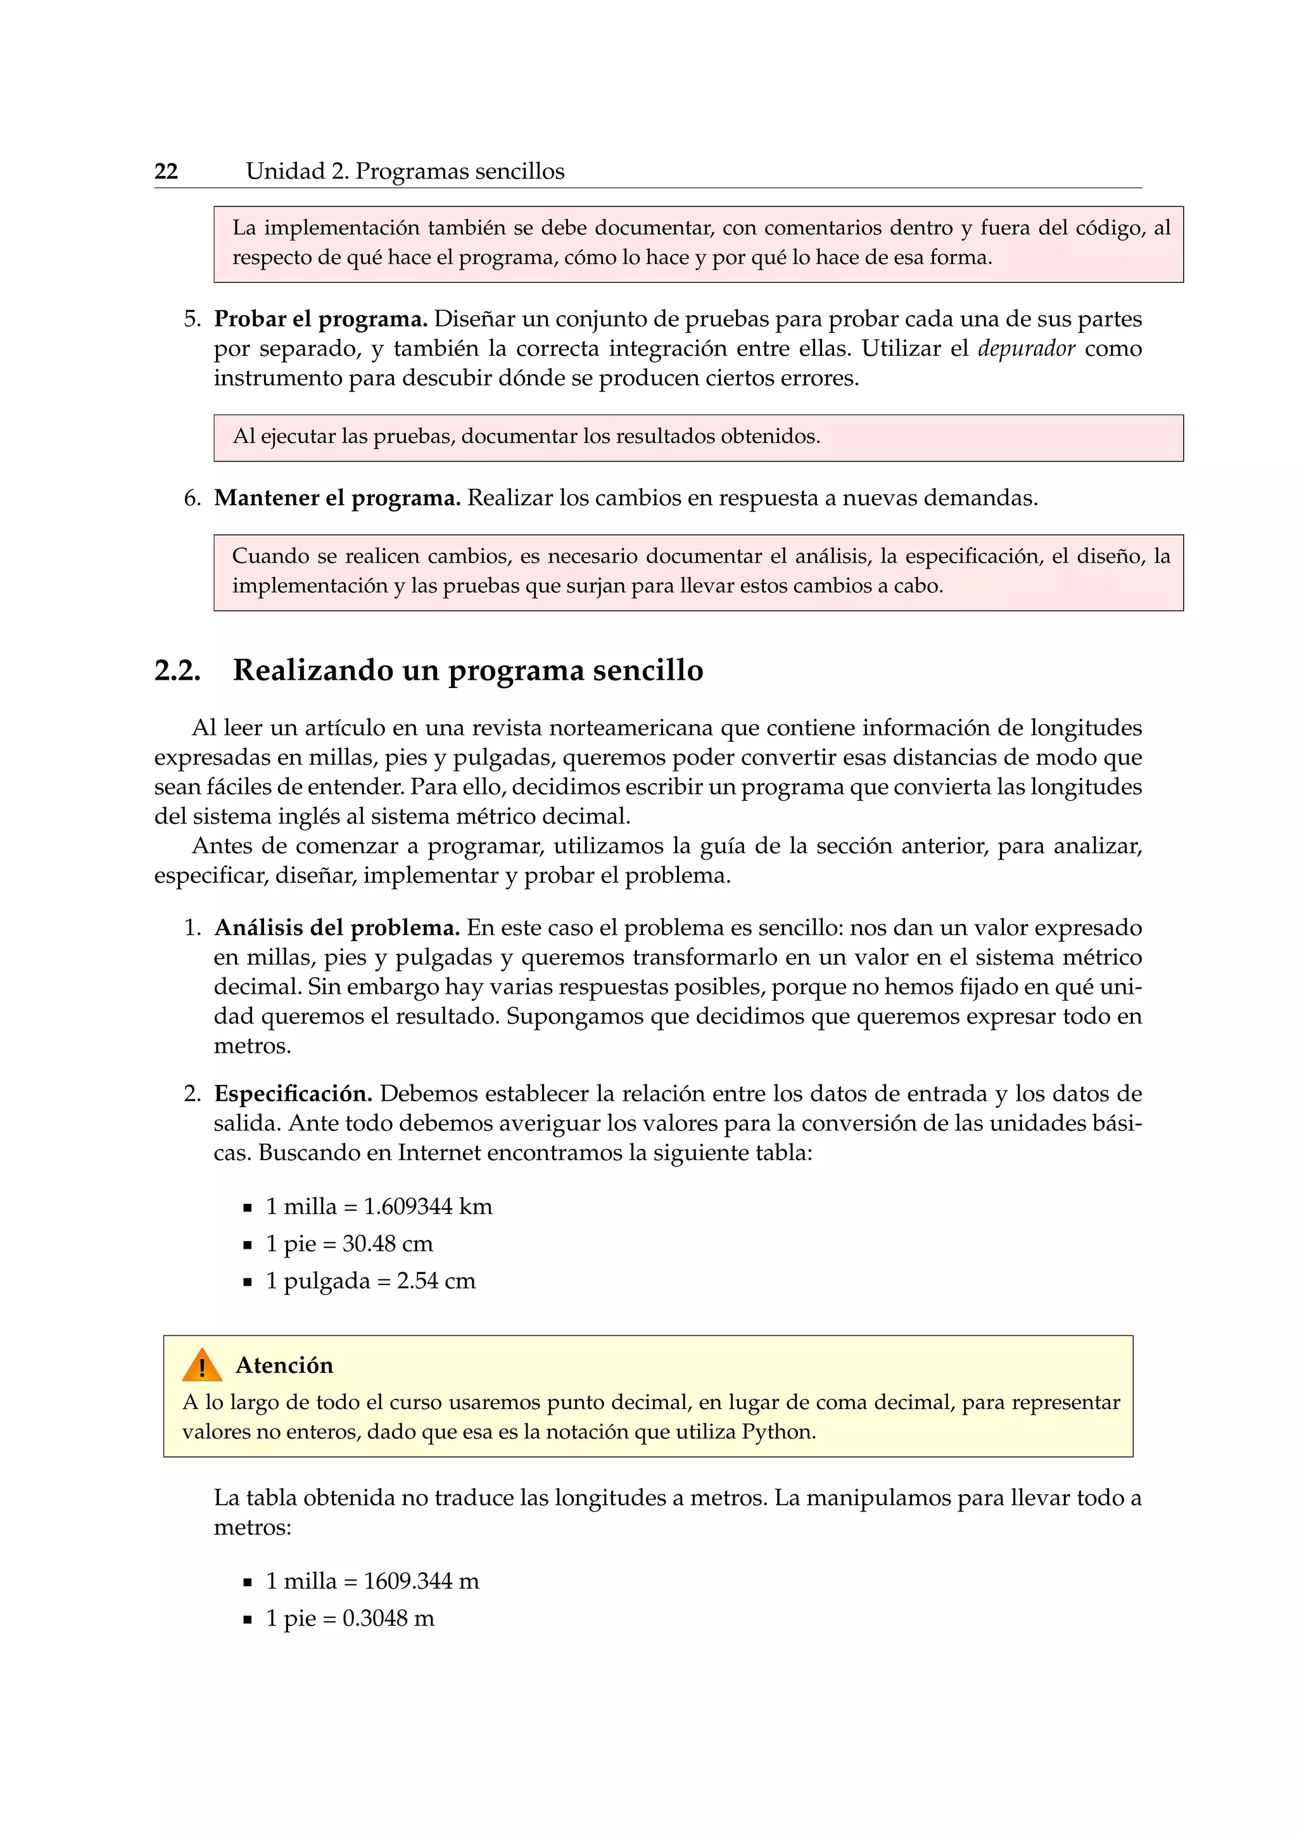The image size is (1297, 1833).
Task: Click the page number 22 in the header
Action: [x=166, y=171]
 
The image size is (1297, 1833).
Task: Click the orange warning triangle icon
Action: [x=202, y=1366]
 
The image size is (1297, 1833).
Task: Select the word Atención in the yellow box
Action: [x=284, y=1365]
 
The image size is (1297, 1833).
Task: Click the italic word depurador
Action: [x=1025, y=348]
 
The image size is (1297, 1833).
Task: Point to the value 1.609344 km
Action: [x=428, y=1206]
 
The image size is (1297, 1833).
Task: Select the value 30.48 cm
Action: [x=388, y=1244]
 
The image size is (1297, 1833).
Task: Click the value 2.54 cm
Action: [x=436, y=1281]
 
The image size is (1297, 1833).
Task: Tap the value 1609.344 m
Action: [x=422, y=1582]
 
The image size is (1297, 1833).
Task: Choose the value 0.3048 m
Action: [x=389, y=1619]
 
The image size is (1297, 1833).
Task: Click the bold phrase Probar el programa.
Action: [x=320, y=320]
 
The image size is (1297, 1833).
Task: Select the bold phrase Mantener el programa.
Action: [x=337, y=498]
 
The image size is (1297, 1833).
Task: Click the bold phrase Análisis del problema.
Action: [x=336, y=928]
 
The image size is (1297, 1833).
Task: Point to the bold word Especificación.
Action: [x=293, y=1094]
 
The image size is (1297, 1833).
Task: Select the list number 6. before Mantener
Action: [x=193, y=498]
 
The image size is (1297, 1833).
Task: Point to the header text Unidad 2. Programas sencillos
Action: [x=405, y=171]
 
